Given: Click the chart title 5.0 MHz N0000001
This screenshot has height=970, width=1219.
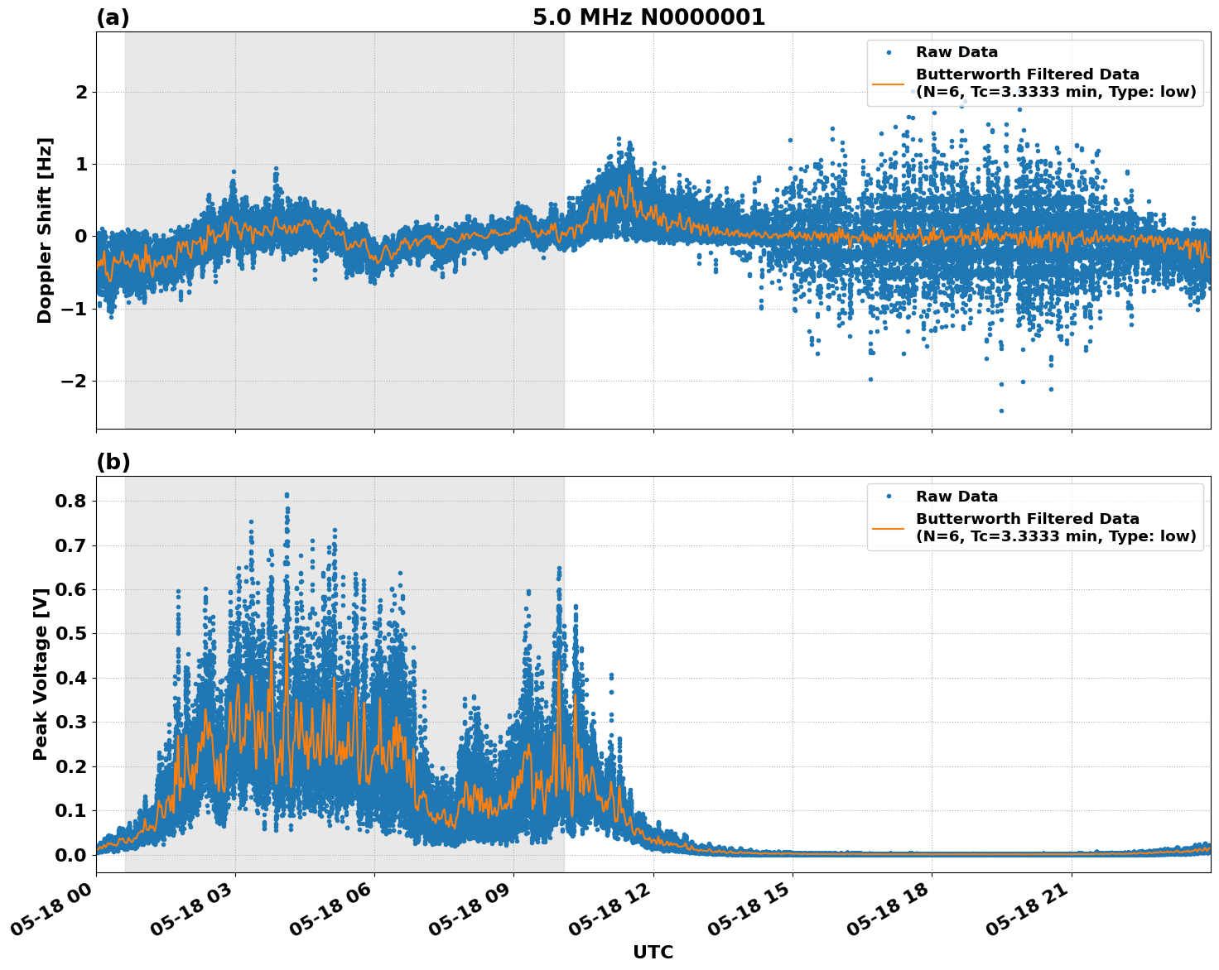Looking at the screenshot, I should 648,17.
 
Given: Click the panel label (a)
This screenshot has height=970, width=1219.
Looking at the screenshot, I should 113,17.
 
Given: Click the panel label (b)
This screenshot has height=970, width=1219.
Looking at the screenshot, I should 113,462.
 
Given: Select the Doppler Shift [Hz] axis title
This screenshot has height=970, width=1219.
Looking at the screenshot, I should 45,230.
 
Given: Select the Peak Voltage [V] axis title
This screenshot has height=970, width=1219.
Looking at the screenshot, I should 41,674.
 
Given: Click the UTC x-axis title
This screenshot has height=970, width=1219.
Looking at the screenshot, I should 653,952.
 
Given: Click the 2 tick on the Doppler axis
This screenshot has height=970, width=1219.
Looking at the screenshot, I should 81,92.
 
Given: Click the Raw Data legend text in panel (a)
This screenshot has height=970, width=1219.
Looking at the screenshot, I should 956,52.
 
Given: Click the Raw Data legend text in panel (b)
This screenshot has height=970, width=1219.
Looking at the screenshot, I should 956,497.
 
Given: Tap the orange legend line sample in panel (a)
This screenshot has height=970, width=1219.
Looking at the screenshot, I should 889,83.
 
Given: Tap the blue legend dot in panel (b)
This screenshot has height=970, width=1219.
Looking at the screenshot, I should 889,497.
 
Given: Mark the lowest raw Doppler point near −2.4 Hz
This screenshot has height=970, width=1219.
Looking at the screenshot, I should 1001,411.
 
